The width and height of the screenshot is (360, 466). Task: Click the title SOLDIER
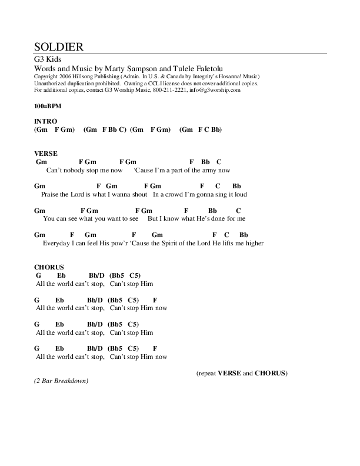tap(58, 46)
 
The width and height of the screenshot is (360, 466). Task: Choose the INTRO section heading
tap(46, 121)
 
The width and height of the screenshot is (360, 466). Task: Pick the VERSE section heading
tap(46, 153)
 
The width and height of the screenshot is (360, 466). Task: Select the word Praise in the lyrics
tap(52, 194)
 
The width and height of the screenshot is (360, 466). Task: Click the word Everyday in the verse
tap(56, 243)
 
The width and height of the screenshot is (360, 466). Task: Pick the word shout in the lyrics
tap(139, 194)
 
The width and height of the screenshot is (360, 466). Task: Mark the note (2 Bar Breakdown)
tap(61, 381)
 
